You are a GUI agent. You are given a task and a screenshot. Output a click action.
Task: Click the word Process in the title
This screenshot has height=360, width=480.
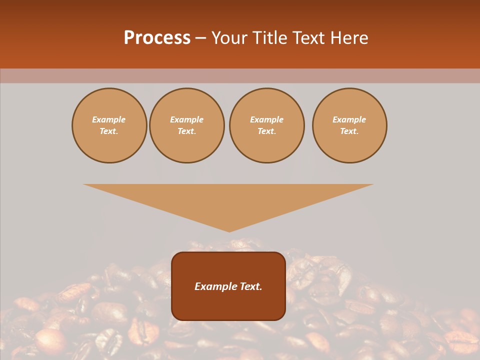click(157, 38)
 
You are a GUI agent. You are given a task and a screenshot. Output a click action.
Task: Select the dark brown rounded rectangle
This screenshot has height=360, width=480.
click(228, 305)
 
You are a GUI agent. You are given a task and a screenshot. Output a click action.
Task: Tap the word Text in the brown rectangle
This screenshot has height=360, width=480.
click(251, 286)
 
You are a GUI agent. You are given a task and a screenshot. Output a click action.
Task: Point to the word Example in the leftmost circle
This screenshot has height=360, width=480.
click(109, 119)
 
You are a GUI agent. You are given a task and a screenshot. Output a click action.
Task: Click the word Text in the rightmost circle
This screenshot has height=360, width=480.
click(349, 131)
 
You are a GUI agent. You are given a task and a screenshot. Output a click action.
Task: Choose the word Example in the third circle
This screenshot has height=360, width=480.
click(266, 119)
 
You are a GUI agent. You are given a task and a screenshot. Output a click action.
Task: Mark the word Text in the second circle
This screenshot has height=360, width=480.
click(187, 131)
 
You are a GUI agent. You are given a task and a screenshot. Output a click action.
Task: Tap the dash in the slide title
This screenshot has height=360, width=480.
click(200, 38)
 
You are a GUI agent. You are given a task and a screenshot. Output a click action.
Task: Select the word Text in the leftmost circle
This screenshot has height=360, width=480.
click(109, 131)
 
